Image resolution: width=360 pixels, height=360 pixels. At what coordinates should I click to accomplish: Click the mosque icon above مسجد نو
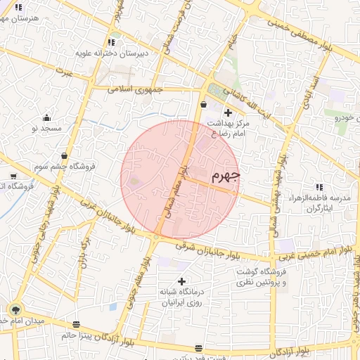tap(47, 117)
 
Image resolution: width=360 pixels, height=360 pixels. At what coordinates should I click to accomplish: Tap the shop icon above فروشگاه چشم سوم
tap(65, 155)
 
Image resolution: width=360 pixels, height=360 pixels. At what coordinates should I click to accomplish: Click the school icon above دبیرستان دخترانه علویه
tap(112, 41)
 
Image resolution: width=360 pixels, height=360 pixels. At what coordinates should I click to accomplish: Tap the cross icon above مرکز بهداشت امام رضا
tap(226, 112)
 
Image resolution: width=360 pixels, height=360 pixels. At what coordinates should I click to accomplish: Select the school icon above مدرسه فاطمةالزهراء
tap(319, 186)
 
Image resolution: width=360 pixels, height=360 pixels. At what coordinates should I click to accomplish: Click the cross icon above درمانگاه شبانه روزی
tap(181, 281)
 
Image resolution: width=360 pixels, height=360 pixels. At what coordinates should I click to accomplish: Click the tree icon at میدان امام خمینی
tap(15, 309)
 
